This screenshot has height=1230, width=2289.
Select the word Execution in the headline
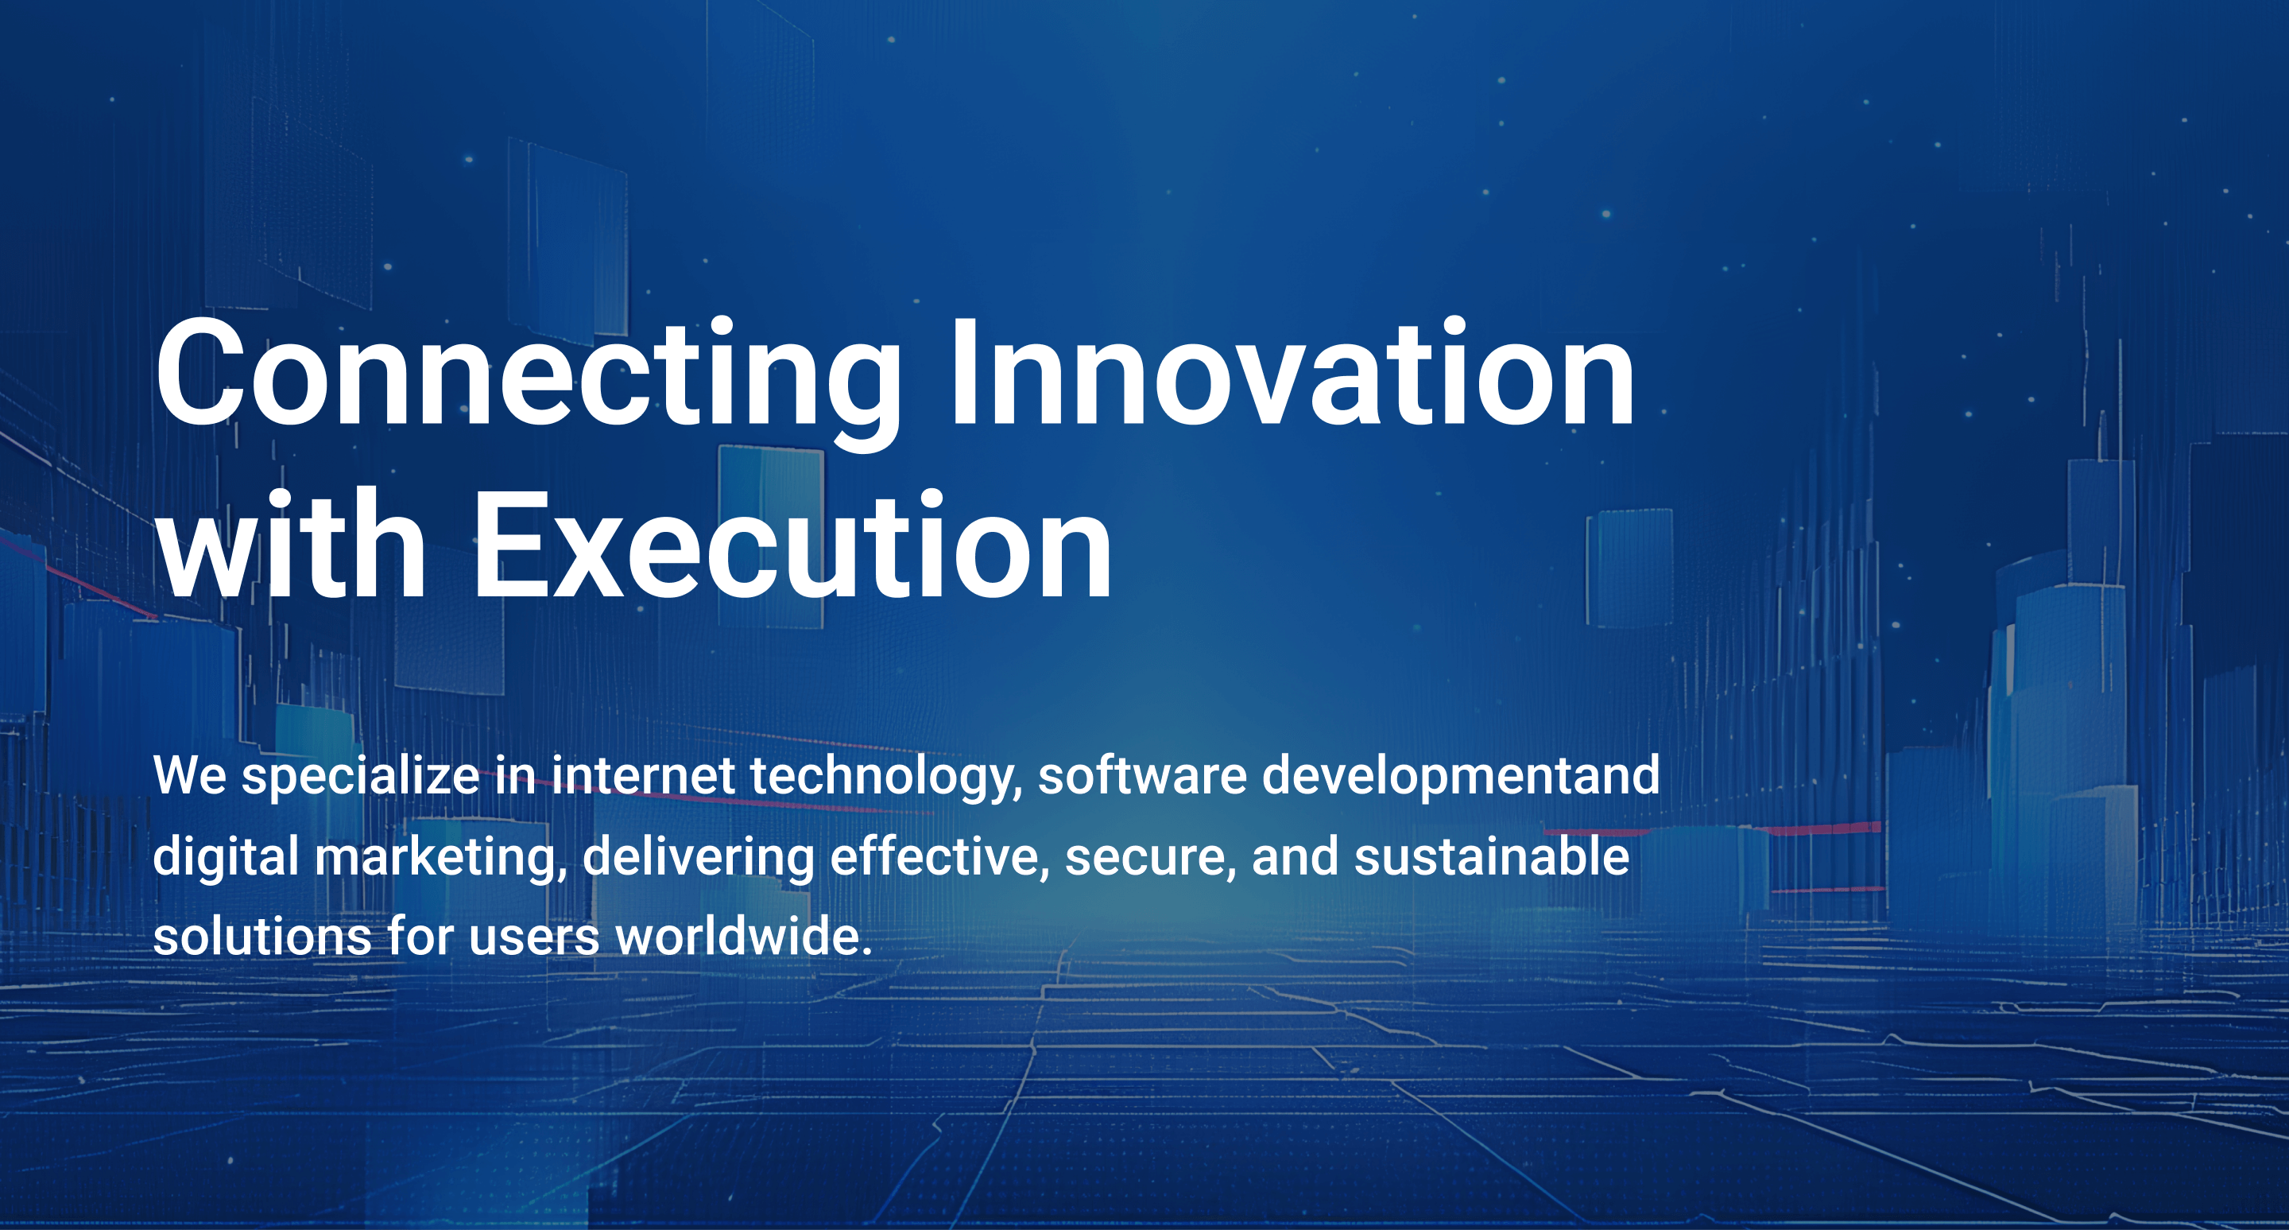click(x=792, y=544)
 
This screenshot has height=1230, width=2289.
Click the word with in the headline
click(x=291, y=544)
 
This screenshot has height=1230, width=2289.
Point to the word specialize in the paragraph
click(x=360, y=777)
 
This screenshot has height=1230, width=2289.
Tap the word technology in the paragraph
click(x=885, y=777)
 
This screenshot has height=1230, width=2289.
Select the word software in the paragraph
click(x=1142, y=775)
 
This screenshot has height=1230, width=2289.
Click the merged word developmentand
click(x=1460, y=777)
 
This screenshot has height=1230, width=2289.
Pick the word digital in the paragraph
click(x=226, y=858)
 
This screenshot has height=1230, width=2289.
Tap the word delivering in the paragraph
click(x=699, y=858)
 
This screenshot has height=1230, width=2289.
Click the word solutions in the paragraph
click(x=262, y=937)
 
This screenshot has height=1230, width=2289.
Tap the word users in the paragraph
click(x=534, y=941)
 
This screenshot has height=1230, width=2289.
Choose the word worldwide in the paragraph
click(x=744, y=937)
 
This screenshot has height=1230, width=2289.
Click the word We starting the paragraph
click(x=189, y=776)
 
